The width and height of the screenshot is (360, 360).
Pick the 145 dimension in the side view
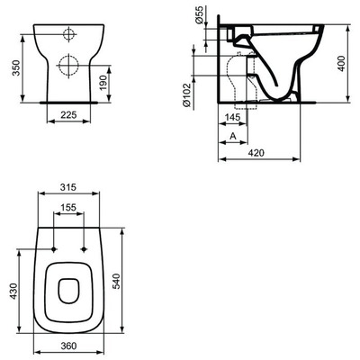[x=231, y=118]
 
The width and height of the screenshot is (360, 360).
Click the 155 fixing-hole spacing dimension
[x=68, y=206]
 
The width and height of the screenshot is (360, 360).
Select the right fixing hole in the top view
[x=83, y=249]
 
